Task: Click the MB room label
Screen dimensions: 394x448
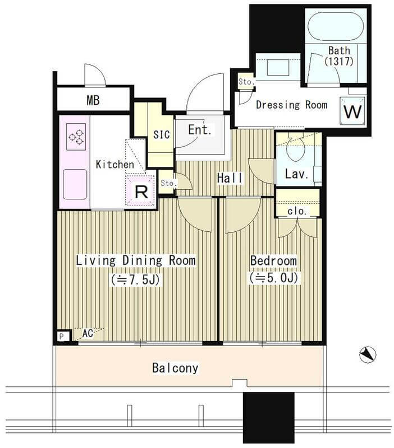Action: coord(93,100)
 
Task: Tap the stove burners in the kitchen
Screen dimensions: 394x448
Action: coord(76,137)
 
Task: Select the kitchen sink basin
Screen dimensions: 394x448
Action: coord(75,184)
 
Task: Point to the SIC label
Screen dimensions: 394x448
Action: coord(161,134)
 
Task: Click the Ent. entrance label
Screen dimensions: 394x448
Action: coord(200,130)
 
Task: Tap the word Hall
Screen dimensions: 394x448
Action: coord(230,178)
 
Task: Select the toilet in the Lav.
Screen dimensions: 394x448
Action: coord(296,147)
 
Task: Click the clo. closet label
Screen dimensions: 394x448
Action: coord(297,211)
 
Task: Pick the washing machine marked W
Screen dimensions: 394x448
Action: coord(352,111)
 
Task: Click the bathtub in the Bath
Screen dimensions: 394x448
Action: coord(336,26)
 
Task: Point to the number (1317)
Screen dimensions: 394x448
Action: coord(339,61)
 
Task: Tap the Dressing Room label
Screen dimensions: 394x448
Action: coord(291,105)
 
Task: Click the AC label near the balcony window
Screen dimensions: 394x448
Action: coord(88,333)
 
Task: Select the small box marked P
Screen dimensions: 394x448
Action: coord(62,337)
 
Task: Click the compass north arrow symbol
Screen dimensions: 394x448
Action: coord(368,354)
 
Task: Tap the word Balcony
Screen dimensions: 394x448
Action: coord(175,368)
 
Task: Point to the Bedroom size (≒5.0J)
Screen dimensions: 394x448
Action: coord(274,278)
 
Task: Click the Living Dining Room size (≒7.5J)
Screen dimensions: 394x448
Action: coord(135,280)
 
